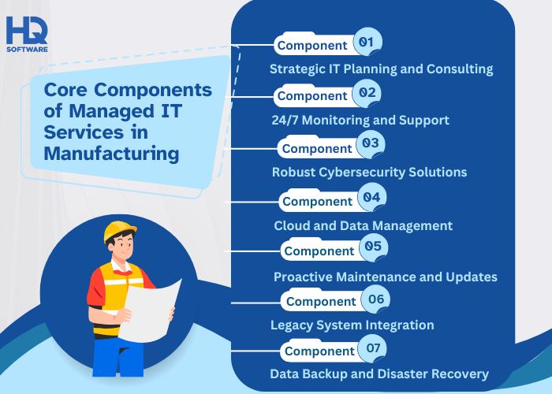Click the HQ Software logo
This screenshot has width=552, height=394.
27,34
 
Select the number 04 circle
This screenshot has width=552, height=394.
371,197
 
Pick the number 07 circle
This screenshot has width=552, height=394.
371,347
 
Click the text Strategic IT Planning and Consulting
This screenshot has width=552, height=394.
381,69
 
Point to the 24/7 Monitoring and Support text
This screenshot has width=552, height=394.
360,120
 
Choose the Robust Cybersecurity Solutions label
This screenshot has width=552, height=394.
369,172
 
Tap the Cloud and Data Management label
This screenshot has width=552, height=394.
363,225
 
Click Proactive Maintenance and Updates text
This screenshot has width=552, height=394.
385,277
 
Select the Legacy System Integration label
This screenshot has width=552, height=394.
352,325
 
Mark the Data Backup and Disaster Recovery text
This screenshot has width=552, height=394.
379,374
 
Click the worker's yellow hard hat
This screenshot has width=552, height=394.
120,231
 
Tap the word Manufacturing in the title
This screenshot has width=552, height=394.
110,152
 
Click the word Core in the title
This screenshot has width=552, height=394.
65,90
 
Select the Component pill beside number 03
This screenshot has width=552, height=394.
317,148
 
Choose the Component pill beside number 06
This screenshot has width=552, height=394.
321,301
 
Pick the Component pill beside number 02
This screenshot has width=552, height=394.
312,95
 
